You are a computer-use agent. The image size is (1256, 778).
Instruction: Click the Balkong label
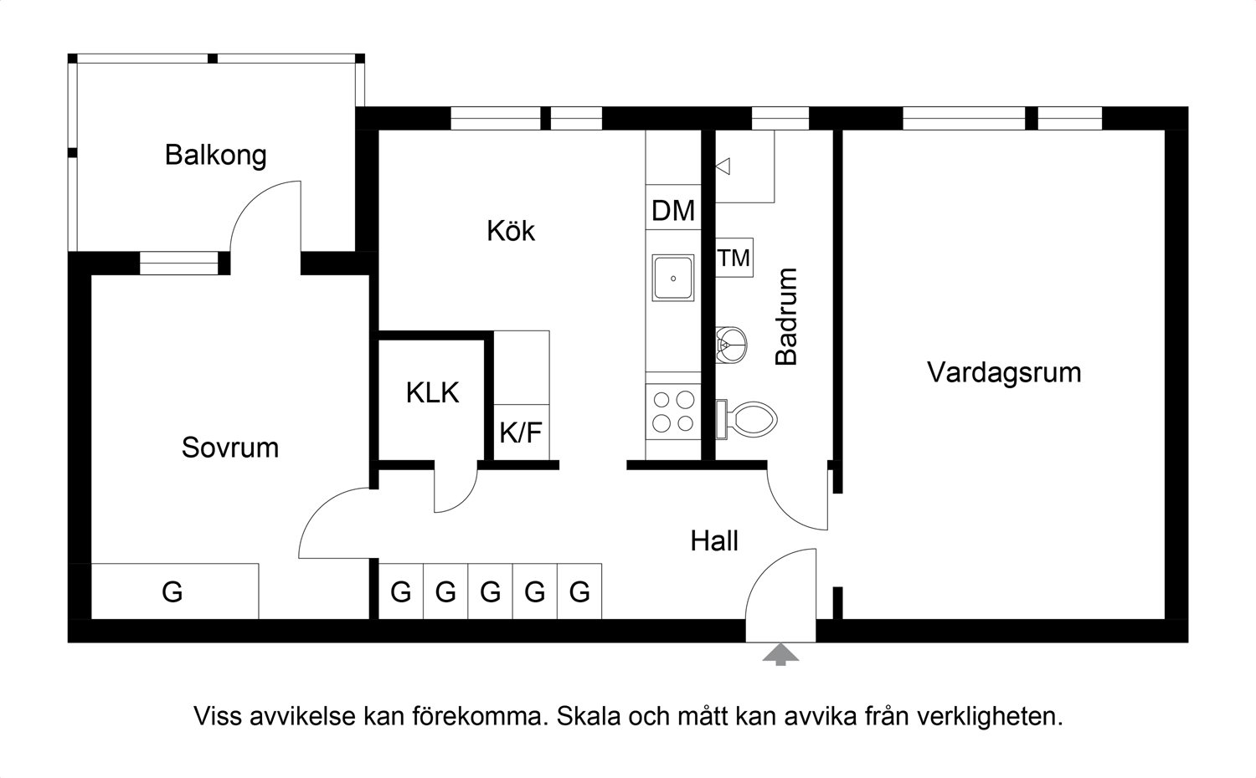click(215, 156)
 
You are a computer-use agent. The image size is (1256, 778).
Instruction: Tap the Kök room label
click(511, 230)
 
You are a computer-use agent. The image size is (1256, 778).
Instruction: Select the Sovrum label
click(230, 448)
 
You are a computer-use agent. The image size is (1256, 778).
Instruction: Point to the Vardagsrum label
click(1004, 373)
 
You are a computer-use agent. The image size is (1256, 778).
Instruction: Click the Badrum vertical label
click(786, 317)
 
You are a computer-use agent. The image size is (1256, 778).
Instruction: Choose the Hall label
click(713, 541)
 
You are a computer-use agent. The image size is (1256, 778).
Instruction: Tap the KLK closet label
click(432, 392)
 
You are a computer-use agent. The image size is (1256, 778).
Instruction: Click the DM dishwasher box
click(673, 207)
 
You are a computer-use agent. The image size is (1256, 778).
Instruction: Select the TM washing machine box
click(734, 258)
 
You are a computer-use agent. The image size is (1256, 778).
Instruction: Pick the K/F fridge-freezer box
click(521, 432)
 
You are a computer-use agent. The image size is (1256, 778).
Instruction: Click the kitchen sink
click(673, 278)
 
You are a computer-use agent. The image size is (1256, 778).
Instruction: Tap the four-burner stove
click(673, 411)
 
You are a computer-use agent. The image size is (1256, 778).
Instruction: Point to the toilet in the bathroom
click(747, 419)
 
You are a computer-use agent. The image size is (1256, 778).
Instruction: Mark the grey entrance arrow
click(780, 654)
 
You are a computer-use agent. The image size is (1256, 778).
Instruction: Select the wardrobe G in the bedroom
click(174, 591)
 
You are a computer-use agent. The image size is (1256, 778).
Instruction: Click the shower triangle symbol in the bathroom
click(723, 166)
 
